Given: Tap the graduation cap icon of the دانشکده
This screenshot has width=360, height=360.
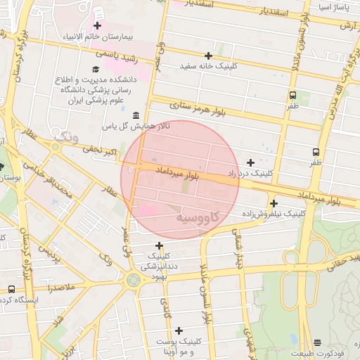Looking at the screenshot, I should (x=95, y=70).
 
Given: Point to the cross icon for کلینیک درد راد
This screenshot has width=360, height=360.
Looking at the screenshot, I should (x=250, y=162).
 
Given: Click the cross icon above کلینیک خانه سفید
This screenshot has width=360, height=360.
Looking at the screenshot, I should (x=208, y=55).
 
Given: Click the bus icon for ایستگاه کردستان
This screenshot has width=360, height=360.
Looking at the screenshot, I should (x=11, y=289).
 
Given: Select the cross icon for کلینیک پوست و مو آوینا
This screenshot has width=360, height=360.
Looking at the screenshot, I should (x=179, y=330).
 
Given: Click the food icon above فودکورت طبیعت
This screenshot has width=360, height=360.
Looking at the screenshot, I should (x=317, y=342).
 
